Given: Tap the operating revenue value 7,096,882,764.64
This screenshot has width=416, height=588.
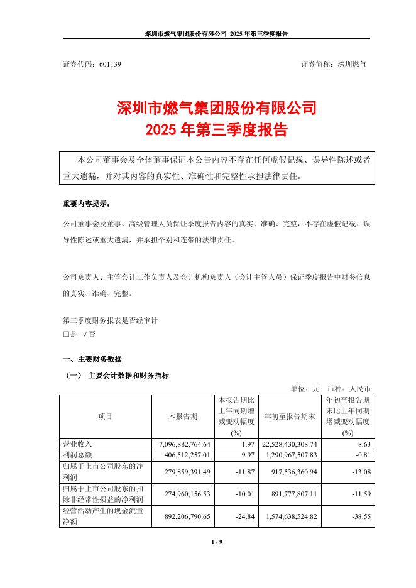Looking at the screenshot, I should (x=182, y=444).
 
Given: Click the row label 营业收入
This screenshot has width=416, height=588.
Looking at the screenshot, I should (x=78, y=444).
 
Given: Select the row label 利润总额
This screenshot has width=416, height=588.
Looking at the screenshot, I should (x=78, y=454).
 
